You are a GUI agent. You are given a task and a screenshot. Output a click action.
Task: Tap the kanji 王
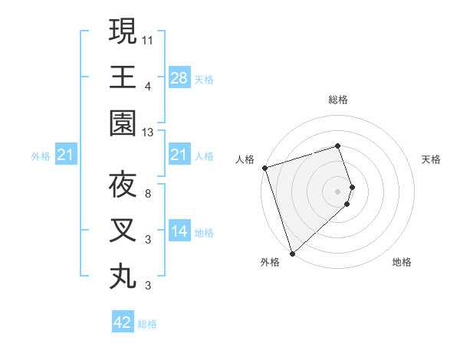click(x=123, y=77)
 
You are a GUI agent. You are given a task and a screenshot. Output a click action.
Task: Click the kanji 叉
click(x=123, y=231)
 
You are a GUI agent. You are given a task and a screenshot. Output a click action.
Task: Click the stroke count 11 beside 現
click(x=148, y=39)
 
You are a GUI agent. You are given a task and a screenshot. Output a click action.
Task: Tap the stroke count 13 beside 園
click(x=148, y=133)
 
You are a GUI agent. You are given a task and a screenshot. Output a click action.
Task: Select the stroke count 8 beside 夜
click(x=148, y=193)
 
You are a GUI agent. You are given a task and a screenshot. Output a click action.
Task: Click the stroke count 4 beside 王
click(x=148, y=86)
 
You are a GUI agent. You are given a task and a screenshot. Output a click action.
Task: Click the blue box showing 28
click(x=179, y=78)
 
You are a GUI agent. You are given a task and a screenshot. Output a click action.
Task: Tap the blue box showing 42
click(x=123, y=322)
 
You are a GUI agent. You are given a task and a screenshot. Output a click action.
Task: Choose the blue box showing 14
click(x=179, y=231)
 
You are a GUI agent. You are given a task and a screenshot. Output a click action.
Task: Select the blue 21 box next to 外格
click(x=66, y=156)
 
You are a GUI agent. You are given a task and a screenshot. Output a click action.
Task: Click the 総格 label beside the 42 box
click(x=147, y=324)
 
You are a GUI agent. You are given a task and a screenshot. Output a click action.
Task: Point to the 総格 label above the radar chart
click(x=337, y=100)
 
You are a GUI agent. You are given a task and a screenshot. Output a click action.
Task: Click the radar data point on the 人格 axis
click(x=264, y=168)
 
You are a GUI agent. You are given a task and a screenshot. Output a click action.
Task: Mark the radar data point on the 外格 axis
click(x=292, y=252)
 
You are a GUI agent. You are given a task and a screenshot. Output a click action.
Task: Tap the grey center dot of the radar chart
click(x=337, y=190)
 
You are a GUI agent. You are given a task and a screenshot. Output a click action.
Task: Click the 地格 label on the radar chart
click(x=402, y=262)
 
